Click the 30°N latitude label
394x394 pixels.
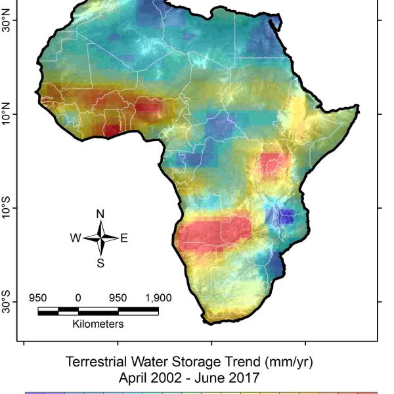[9, 21]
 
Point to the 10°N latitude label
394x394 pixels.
[9, 114]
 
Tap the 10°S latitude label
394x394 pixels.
[9, 208]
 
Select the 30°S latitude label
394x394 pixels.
[9, 302]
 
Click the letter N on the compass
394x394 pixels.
[100, 214]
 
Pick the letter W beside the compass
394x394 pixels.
[76, 238]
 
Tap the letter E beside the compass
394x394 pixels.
[124, 238]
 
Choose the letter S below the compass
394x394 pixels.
[100, 263]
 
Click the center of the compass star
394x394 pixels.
[100, 238]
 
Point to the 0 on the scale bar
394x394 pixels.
[78, 297]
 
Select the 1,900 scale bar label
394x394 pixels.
[158, 297]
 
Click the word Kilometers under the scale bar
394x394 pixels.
[98, 324]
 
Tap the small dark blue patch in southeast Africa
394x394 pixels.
[286, 215]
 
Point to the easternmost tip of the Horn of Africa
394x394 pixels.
[359, 105]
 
